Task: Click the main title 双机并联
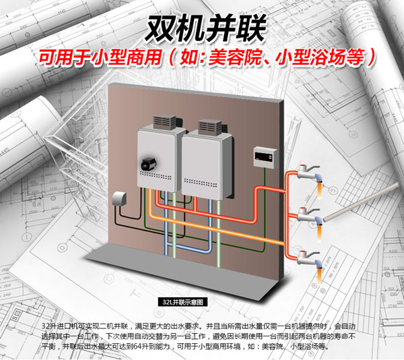click(201, 29)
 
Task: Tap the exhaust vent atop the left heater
click(164, 122)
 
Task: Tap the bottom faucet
click(310, 257)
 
